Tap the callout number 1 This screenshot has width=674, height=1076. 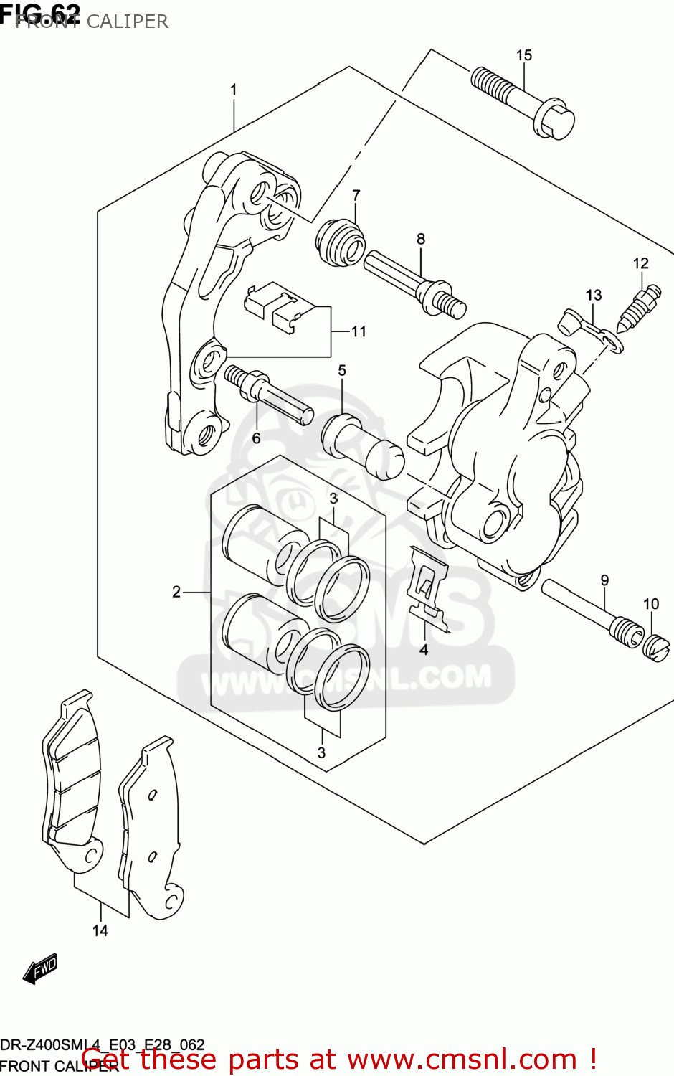(x=233, y=90)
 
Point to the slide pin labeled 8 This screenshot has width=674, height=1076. (x=414, y=283)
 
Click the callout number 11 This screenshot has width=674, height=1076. (x=359, y=331)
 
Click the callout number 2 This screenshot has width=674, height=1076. (x=176, y=592)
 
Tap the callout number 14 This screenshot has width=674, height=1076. (x=100, y=930)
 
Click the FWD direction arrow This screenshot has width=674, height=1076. (x=40, y=968)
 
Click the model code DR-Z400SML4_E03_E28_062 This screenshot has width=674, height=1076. (x=103, y=1044)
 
